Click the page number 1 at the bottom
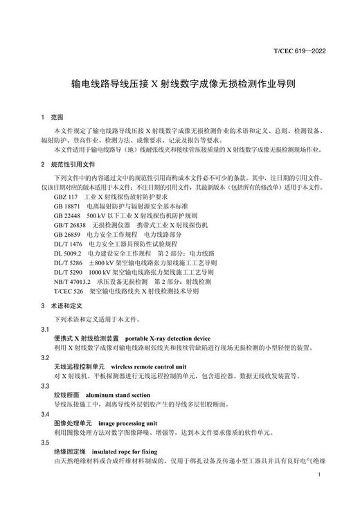[x=317, y=475]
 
